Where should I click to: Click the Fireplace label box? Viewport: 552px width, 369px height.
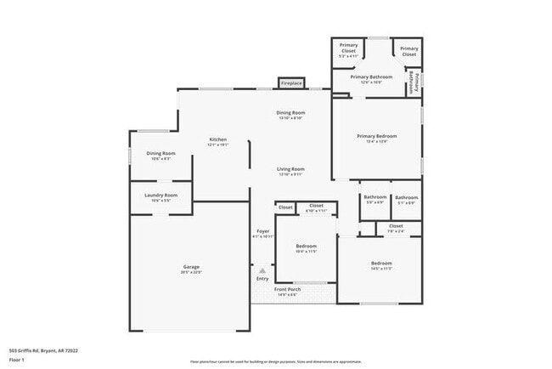point(291,83)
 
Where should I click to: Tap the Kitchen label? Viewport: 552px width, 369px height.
point(218,139)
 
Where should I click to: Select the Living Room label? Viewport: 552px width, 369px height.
point(290,169)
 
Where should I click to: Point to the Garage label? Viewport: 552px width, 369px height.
point(191,267)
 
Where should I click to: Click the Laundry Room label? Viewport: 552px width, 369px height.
point(161,196)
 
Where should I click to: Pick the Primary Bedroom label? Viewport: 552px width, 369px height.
point(376,136)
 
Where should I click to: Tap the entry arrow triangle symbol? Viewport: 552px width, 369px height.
point(262,271)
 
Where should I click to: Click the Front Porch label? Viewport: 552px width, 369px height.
point(288,289)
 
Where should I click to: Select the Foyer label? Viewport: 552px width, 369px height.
point(263,231)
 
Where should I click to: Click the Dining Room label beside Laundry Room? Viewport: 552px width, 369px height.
point(161,154)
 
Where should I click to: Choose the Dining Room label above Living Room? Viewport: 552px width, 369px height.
point(290,113)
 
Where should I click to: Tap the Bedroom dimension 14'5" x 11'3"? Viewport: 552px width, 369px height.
point(380,269)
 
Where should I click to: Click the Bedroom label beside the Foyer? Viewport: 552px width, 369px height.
point(306,247)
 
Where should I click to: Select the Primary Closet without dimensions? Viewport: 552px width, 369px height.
point(409,51)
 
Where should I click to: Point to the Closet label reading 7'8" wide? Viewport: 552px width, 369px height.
point(396,226)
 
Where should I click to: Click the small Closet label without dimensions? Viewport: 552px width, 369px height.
point(285,207)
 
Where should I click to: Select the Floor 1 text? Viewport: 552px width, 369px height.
point(16,360)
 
